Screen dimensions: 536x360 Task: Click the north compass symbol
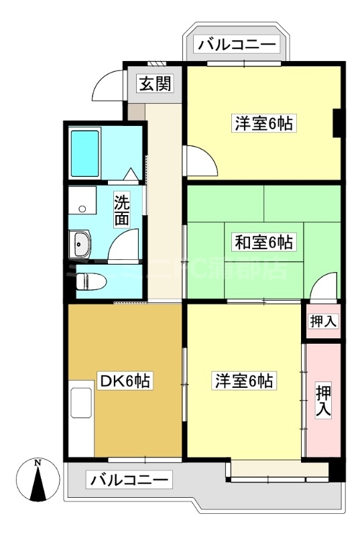[x=38, y=480]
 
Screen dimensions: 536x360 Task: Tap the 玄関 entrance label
[x=156, y=84]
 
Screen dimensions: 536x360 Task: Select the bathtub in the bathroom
[x=85, y=153]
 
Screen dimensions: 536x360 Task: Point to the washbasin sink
[x=81, y=245]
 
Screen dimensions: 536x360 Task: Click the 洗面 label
[x=121, y=209]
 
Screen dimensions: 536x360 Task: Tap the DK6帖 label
[x=125, y=382]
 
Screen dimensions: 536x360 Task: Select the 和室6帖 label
[x=263, y=242]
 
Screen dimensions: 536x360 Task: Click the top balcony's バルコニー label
[x=237, y=45]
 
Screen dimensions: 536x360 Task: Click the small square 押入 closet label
[x=323, y=322]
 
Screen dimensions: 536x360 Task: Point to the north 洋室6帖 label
[x=263, y=123]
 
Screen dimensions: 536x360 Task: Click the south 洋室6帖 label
[x=243, y=381]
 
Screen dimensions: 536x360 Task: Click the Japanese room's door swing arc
[x=324, y=286]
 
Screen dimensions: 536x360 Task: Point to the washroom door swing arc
[x=124, y=245]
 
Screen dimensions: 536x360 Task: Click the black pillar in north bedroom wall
[x=338, y=122]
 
